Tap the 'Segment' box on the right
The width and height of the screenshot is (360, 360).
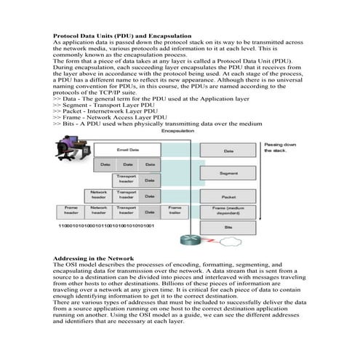pos(228,173)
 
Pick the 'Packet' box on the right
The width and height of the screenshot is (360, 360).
pos(228,196)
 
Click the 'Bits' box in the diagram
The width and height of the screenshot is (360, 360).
pos(228,228)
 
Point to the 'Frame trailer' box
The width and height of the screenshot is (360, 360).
pos(175,211)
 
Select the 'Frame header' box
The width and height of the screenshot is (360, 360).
pos(71,211)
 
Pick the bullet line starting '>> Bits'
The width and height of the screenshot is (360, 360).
pos(157,124)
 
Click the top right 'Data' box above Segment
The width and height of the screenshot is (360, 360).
pos(228,151)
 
